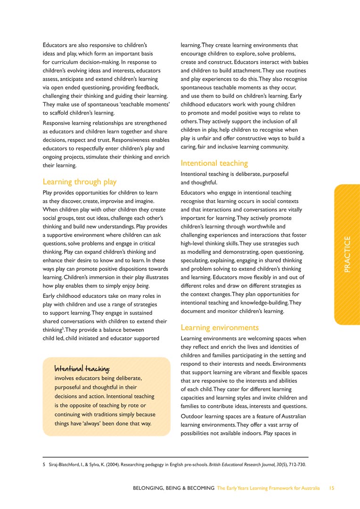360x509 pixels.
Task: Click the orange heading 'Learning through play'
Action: (x=79, y=181)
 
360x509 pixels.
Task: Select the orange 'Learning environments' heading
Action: (x=220, y=327)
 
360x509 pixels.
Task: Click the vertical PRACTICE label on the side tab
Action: (x=347, y=254)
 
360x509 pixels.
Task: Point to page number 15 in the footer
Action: (x=332, y=488)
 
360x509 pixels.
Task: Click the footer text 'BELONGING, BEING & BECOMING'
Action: (x=174, y=488)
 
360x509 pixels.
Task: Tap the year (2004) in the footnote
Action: (x=108, y=465)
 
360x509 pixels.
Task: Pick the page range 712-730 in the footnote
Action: (x=296, y=465)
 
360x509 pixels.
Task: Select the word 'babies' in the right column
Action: (x=299, y=62)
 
